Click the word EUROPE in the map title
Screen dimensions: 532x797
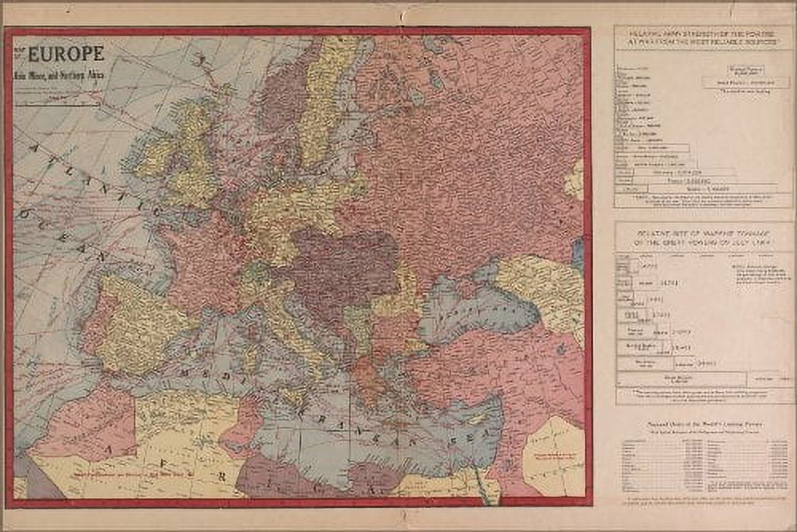pos(67,54)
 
